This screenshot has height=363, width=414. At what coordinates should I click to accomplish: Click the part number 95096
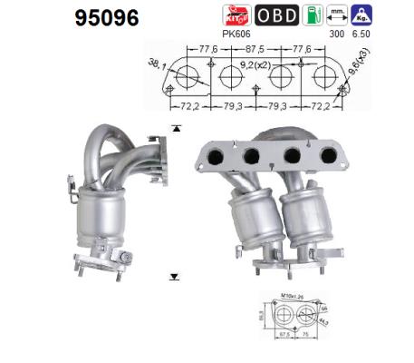click(104, 17)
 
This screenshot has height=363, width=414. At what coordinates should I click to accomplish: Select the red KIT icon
click(236, 15)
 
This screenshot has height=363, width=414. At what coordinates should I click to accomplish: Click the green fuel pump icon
click(312, 15)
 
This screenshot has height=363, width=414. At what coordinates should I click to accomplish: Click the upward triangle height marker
click(176, 129)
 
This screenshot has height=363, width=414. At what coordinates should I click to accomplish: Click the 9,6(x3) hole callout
click(361, 72)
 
